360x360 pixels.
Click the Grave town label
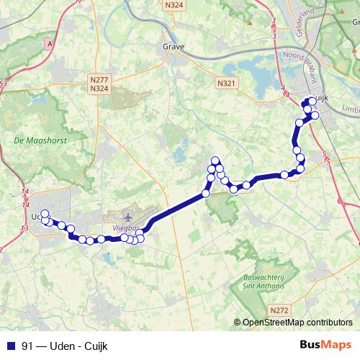[174, 48]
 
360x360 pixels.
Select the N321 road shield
[225, 84]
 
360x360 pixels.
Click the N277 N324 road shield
[100, 84]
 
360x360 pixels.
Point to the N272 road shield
[280, 310]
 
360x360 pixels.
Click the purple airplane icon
[128, 217]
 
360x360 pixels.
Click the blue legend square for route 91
[11, 346]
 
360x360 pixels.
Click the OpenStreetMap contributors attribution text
[297, 323]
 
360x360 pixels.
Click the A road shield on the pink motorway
[50, 44]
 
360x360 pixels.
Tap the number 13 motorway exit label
[24, 228]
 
